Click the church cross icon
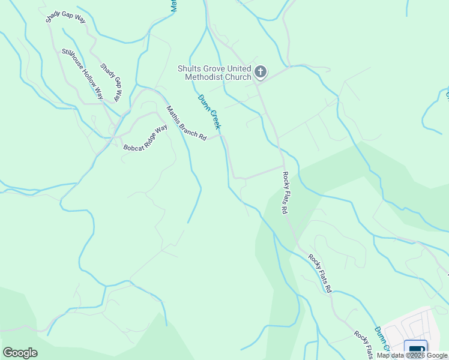click(260, 73)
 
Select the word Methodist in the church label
click(215, 77)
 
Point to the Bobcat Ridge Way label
click(145, 138)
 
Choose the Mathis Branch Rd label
click(186, 124)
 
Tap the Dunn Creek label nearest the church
click(210, 112)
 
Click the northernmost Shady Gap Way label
click(66, 12)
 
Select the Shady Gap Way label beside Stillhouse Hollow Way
click(111, 82)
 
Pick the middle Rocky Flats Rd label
click(320, 273)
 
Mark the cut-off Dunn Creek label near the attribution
click(383, 338)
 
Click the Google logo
click(20, 353)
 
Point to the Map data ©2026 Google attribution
click(412, 356)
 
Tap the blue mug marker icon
click(415, 348)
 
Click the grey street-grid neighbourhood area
click(414, 327)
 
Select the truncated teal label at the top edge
click(173, 6)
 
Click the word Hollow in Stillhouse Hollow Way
click(83, 74)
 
